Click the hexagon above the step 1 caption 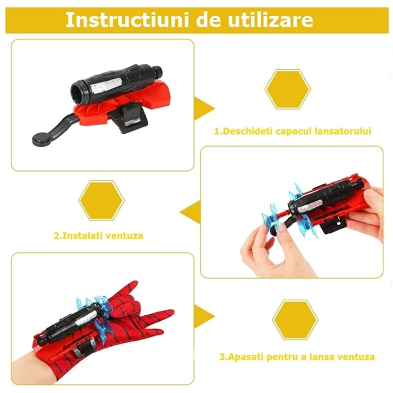tap(287, 88)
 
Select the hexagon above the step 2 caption tap(102, 200)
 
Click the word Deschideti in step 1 tap(246, 131)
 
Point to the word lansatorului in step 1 tap(343, 131)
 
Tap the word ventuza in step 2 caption tap(127, 235)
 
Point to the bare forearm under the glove tap(22, 365)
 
